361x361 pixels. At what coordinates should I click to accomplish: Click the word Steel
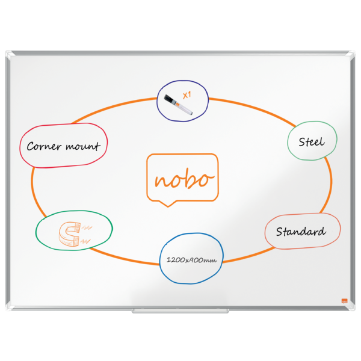point(312,142)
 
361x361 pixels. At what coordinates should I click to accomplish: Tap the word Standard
point(301,232)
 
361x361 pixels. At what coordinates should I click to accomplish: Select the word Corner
point(44,146)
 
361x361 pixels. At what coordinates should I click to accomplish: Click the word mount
point(83,146)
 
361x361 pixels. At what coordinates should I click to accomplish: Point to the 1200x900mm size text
point(191,260)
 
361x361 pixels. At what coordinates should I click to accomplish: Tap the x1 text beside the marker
point(187,95)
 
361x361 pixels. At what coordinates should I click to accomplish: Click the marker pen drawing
point(178,105)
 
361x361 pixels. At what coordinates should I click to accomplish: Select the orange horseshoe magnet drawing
point(70,234)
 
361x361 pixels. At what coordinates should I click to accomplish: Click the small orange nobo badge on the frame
point(344,301)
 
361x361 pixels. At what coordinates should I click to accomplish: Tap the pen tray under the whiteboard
point(180,311)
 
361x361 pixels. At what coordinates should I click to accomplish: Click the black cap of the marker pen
point(170,99)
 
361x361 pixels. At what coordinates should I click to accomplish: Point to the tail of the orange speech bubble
point(168,203)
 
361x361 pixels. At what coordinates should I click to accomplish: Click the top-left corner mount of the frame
point(10,55)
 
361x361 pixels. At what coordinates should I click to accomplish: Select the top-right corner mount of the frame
point(351,55)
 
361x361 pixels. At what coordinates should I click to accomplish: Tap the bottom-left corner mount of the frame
point(10,306)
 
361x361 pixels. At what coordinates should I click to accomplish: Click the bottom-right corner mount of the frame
point(351,306)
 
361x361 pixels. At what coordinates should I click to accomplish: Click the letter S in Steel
point(302,142)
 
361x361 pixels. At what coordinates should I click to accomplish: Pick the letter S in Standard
point(280,232)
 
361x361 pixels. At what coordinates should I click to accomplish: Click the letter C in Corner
point(31,146)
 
